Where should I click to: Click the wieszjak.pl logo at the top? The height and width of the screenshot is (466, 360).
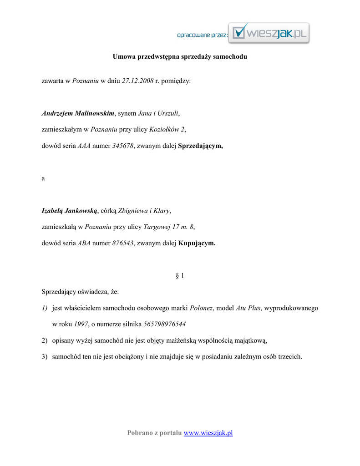tap(269, 33)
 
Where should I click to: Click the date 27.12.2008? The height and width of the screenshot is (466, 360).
tap(137, 81)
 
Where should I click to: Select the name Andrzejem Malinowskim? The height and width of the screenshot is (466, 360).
tap(78, 113)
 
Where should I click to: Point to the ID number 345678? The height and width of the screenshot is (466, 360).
tap(123, 146)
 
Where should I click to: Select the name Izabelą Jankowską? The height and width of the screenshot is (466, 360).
tap(70, 211)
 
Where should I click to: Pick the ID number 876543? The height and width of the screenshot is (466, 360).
tap(123, 243)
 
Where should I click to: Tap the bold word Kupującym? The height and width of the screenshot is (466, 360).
tap(197, 243)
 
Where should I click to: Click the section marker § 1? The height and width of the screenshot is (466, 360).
tap(180, 276)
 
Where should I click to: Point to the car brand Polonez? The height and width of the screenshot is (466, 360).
tap(201, 308)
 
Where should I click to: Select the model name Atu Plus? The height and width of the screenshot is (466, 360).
tap(248, 308)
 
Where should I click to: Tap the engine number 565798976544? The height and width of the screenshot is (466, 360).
tap(164, 324)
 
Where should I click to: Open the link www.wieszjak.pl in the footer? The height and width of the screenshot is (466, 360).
tap(208, 433)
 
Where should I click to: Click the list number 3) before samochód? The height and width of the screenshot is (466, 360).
tap(45, 357)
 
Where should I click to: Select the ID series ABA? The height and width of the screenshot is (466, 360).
tap(84, 243)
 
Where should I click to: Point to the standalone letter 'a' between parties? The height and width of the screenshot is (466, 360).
tap(43, 178)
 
